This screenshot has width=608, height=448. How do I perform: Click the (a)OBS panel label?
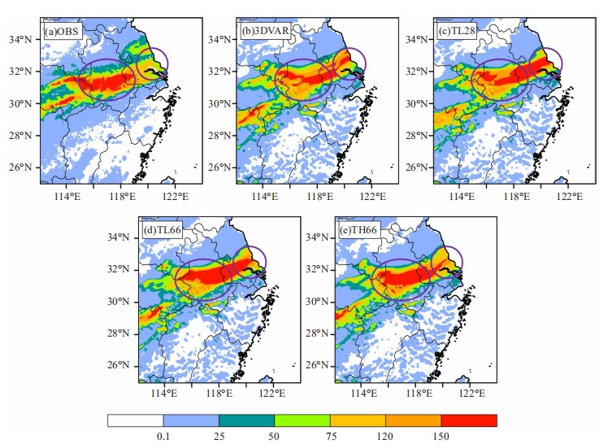(62, 32)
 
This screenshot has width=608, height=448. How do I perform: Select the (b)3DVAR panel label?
(265, 31)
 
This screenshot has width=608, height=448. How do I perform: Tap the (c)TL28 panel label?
(456, 31)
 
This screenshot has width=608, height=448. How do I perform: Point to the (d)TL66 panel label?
(162, 230)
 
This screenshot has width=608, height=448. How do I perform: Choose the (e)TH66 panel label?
(358, 230)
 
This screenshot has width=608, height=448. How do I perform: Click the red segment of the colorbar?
(469, 420)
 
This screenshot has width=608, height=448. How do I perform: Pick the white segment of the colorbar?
(135, 420)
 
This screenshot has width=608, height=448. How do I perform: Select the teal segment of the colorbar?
(246, 420)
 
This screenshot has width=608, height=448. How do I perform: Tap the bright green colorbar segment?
(302, 420)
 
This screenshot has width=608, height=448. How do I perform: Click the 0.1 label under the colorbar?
(163, 437)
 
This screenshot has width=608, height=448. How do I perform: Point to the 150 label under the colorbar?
(441, 437)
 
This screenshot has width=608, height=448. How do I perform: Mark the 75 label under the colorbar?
(331, 437)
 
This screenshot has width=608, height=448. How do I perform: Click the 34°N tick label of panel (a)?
(20, 39)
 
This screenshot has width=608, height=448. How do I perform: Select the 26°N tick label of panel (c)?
(417, 167)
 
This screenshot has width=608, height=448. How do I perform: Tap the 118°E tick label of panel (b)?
(319, 196)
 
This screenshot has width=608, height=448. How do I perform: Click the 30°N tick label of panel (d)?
(118, 302)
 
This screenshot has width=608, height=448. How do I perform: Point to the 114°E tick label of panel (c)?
(462, 196)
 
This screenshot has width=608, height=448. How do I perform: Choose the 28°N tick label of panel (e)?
(316, 333)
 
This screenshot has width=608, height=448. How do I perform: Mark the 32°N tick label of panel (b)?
(219, 72)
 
